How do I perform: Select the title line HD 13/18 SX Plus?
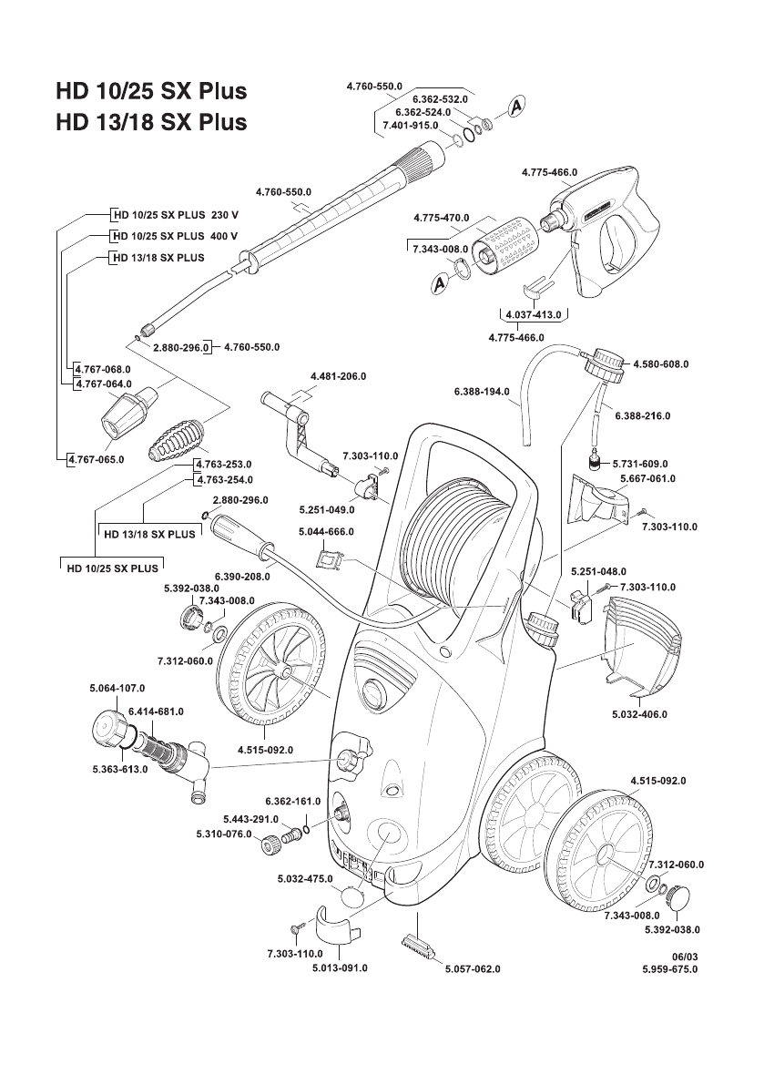point(150,122)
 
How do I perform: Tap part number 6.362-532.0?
point(440,98)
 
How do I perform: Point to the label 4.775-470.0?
point(441,219)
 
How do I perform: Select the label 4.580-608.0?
point(660,363)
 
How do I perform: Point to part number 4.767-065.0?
point(97,459)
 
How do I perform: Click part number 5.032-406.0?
point(639,715)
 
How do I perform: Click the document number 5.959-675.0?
point(669,969)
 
